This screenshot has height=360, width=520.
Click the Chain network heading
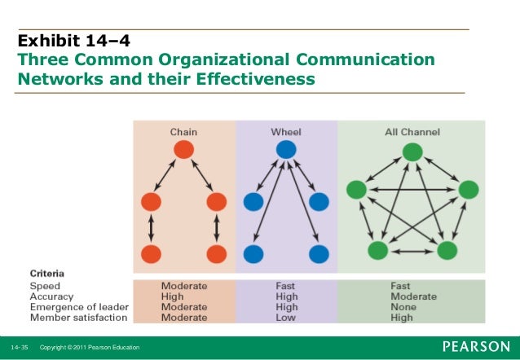183,131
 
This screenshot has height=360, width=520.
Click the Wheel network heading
285,131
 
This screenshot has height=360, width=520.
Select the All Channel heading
412,131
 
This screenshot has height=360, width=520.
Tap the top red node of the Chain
183,150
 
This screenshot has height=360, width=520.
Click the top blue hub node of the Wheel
285,150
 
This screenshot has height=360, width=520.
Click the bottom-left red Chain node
151,253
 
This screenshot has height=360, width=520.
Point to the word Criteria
47,273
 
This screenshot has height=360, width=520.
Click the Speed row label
45,286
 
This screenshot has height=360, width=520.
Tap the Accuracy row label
51,296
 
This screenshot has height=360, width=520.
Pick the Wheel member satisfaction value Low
284,318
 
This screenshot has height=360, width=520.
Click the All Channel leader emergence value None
404,307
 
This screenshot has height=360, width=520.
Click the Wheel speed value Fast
286,286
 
